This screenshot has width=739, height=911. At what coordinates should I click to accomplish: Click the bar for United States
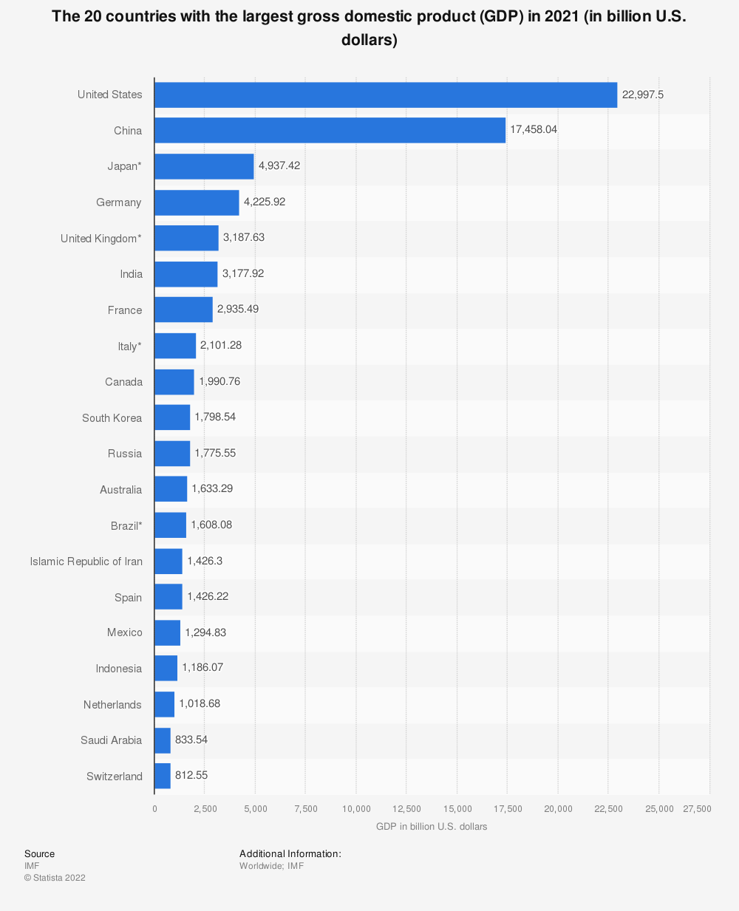385,95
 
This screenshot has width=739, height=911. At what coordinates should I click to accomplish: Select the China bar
330,130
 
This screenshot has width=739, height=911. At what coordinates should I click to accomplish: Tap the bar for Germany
197,202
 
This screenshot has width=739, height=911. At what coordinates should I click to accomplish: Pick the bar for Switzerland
163,776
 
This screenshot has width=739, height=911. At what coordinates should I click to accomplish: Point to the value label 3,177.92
243,273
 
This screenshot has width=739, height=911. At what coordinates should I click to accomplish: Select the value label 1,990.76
219,381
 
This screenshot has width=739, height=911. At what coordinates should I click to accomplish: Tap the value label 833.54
191,740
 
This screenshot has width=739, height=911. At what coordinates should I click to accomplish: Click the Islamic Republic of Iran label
86,562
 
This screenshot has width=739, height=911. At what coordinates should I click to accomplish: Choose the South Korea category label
112,418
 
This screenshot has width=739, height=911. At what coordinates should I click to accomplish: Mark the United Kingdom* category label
101,239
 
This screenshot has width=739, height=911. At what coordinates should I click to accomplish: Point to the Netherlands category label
112,705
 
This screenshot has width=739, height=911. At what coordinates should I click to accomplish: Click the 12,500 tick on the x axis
406,809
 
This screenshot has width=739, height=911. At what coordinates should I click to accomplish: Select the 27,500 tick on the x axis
697,809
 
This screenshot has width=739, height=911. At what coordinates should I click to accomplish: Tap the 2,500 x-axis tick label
205,809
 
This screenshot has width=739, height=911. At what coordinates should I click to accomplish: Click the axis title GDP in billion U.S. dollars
432,827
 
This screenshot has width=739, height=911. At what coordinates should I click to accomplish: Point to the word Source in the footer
39,854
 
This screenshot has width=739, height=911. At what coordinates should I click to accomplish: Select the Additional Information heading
290,854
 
